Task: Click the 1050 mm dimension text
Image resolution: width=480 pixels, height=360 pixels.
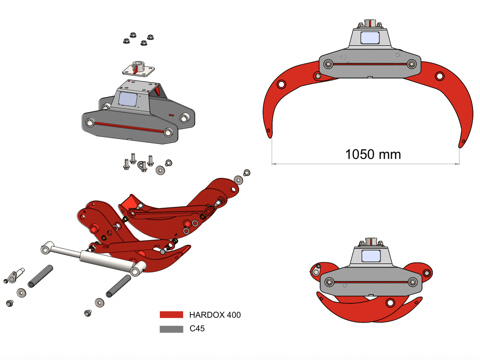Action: point(373,154)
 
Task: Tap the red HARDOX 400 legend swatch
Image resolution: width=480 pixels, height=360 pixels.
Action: point(171,315)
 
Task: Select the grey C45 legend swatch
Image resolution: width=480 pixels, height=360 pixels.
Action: point(171,329)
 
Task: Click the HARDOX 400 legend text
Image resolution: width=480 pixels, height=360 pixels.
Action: point(215,315)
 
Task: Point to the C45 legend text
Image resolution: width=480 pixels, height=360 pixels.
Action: point(197,328)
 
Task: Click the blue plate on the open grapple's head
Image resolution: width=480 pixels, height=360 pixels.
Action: point(370,38)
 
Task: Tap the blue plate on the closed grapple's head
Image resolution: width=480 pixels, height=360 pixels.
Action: point(371,256)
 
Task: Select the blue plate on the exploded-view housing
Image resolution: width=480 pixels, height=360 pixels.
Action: point(128,99)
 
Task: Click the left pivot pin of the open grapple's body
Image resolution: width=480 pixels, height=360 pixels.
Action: point(328,64)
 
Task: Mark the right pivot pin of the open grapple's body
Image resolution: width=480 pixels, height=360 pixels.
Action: point(412,64)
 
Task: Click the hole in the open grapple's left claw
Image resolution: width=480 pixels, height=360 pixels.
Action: point(281,84)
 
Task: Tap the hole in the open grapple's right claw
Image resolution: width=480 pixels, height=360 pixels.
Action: point(439,76)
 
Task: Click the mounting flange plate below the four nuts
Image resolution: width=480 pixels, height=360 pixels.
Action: point(138,70)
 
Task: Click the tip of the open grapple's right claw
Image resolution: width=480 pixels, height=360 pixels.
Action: point(461,145)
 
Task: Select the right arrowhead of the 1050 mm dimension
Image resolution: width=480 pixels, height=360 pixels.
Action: point(457,164)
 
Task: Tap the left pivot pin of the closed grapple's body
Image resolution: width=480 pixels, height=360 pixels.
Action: point(329,282)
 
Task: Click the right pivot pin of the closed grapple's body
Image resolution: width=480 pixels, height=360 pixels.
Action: point(412,282)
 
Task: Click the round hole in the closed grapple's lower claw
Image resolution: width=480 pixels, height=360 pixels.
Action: point(390,303)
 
